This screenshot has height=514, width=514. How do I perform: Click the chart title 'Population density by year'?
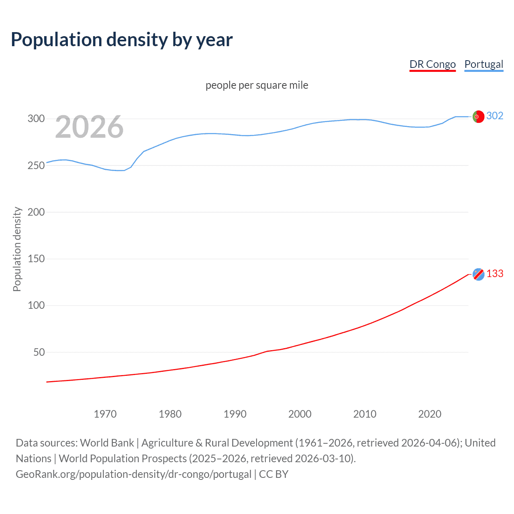coord(122,40)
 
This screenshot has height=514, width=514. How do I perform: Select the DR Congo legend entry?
coord(432,64)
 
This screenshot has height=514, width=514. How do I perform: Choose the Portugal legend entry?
coord(483,64)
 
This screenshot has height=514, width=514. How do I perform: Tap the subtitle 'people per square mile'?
coord(257,85)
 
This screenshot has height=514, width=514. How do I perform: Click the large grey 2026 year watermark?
coord(89,127)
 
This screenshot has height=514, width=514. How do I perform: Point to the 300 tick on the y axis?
coord(36,118)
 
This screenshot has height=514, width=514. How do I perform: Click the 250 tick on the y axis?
coord(36,165)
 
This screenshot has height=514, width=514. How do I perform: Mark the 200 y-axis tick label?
coord(36,212)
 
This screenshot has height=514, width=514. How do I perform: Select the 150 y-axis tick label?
coord(36,259)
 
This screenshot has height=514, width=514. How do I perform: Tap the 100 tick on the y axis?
coord(36,305)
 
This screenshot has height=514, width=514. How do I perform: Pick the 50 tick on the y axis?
coord(39,352)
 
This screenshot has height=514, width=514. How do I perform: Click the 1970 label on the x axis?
coord(105,414)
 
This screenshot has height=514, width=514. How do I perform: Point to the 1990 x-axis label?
coord(235,414)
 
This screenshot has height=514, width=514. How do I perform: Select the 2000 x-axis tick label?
coord(300,414)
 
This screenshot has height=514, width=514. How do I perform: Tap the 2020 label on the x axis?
coord(430,414)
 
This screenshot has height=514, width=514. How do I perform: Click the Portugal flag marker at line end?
coord(478,116)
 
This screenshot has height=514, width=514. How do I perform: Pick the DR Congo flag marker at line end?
coord(478,274)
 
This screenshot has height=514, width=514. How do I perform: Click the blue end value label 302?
coord(495,116)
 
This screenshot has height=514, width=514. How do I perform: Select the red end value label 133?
coord(495,273)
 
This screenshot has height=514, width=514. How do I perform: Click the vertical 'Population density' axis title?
coord(17,249)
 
